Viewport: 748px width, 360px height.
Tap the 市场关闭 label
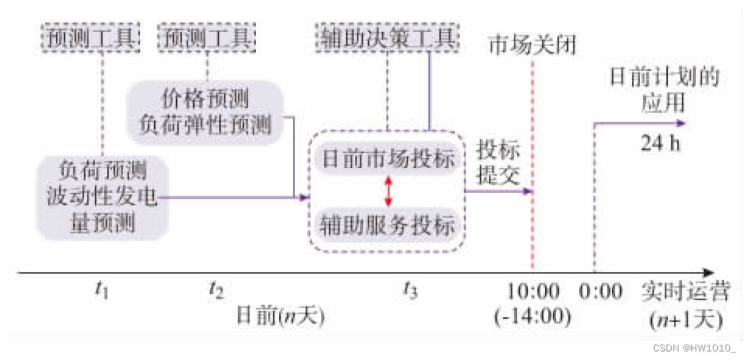tap(532, 45)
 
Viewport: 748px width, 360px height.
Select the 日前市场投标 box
tap(387, 161)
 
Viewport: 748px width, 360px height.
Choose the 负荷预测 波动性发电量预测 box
tap(102, 197)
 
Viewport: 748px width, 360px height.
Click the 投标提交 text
tap(498, 162)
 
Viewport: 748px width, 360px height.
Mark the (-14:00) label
tap(533, 316)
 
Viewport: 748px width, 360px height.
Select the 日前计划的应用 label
tap(662, 91)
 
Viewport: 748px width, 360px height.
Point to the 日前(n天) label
tap(279, 316)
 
